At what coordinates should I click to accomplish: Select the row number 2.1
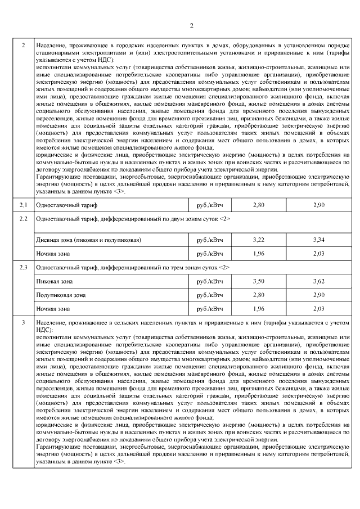(23, 205)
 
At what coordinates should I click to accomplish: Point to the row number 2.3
(23, 267)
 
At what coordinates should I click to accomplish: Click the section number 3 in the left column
(23, 322)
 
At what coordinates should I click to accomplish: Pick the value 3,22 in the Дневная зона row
(258, 240)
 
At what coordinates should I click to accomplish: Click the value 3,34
(318, 240)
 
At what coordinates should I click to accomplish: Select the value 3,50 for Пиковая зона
(258, 281)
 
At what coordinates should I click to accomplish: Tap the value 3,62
(318, 281)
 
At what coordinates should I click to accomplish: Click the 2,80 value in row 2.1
(258, 205)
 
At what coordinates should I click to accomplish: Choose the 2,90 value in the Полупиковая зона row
(318, 295)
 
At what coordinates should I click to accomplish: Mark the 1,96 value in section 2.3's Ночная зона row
(258, 309)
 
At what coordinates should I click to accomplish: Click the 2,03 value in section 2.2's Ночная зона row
(318, 254)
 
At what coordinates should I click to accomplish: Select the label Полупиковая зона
(61, 295)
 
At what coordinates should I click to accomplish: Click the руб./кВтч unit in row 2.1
(209, 205)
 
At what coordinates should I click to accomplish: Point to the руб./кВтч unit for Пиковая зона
(209, 281)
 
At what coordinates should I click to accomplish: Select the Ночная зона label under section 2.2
(53, 254)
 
